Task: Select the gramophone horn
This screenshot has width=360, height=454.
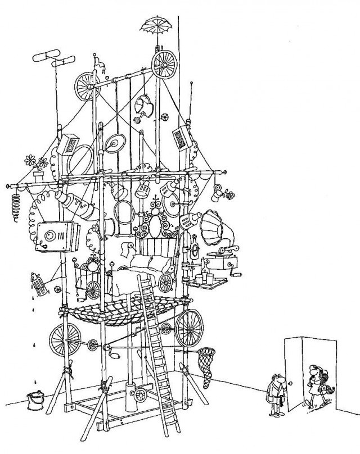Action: pyautogui.click(x=213, y=229)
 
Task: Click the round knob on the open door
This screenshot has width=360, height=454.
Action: pyautogui.click(x=290, y=384)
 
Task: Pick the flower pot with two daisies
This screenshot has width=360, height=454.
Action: pyautogui.click(x=37, y=168)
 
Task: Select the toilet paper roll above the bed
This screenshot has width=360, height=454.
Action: pyautogui.click(x=127, y=248)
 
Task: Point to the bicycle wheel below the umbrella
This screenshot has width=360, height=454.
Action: pyautogui.click(x=164, y=64)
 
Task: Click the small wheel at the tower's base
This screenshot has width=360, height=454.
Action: pyautogui.click(x=141, y=395)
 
